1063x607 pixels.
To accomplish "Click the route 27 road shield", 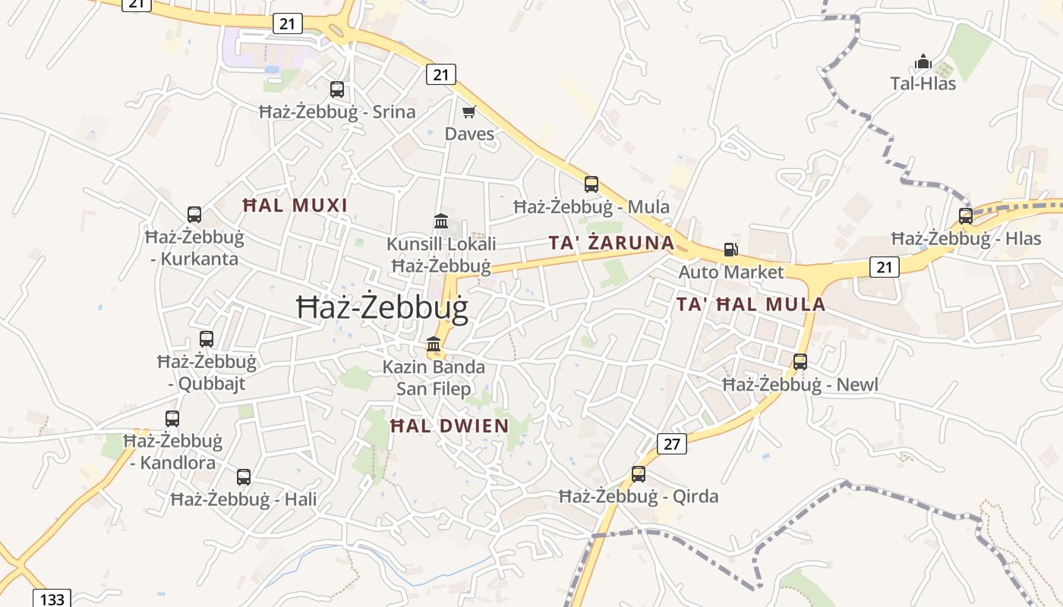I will point(672,444).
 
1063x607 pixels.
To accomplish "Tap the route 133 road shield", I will point(52,599).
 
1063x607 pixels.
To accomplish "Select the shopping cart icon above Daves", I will point(469,112).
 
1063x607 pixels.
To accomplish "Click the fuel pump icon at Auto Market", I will point(730,250).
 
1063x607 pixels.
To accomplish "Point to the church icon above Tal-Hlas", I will point(923,61).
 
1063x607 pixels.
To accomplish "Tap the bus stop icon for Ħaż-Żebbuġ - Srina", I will point(337,90).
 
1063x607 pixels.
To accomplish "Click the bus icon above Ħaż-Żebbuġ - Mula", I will point(591,184).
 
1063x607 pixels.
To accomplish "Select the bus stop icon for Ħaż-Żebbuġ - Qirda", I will point(639,474).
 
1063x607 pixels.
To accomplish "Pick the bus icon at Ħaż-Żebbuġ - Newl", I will point(800,362).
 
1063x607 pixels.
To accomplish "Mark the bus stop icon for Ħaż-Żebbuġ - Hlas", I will point(966,216).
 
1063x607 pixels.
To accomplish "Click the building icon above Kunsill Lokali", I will point(441,222).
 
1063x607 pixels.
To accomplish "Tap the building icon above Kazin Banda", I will point(434,344).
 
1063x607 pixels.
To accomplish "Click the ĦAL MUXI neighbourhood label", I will point(295,206).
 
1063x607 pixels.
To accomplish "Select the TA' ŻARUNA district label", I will point(611,243).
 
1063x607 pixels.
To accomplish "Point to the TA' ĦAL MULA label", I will point(750,305).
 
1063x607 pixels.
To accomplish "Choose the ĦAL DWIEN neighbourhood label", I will point(449,426).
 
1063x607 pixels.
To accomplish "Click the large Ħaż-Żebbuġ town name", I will point(381,307).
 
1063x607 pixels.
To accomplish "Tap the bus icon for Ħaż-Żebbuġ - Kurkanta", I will point(194,215).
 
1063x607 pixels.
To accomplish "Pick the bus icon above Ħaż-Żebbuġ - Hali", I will point(244,477).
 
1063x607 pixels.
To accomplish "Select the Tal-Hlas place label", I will point(923,83).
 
